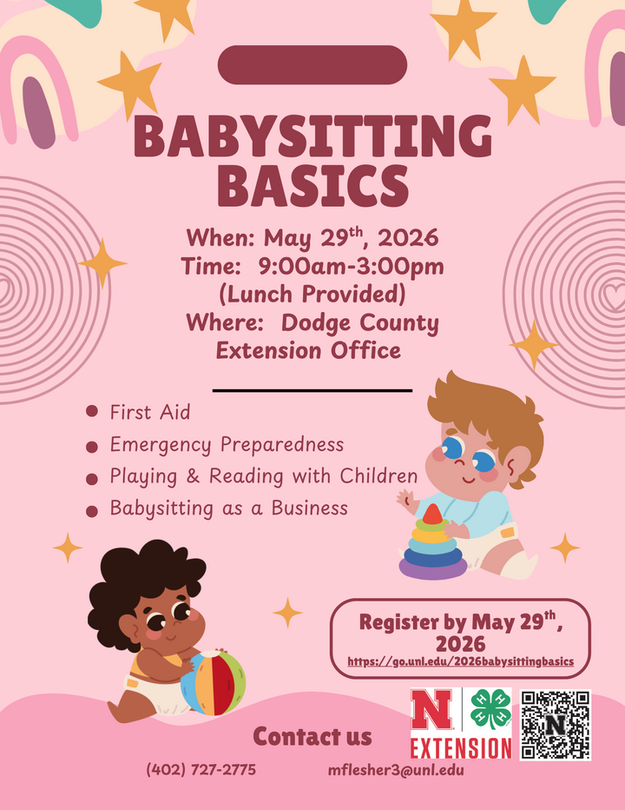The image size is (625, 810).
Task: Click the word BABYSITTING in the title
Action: (x=312, y=137)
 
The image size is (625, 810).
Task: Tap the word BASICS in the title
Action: (x=312, y=185)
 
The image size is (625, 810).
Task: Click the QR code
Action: (x=556, y=725)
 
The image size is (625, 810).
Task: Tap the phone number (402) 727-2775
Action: (x=201, y=770)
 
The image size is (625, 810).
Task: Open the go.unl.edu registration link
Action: (x=461, y=661)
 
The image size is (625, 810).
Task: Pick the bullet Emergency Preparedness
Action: (x=227, y=445)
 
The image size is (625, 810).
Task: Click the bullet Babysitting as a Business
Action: (x=228, y=508)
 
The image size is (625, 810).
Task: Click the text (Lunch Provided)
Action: (x=312, y=294)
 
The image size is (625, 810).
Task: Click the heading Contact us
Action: (x=312, y=737)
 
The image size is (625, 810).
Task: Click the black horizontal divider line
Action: (x=312, y=391)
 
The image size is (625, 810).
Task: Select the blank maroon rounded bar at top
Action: (x=312, y=65)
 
